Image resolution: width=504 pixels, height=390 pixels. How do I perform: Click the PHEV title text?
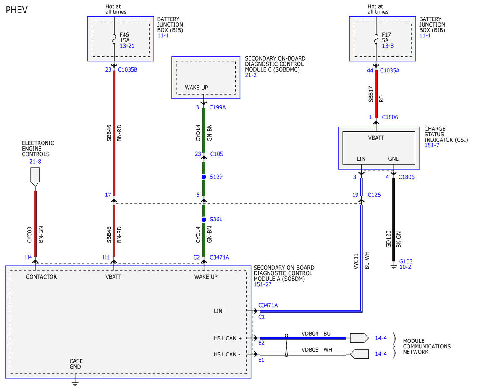tap(16, 10)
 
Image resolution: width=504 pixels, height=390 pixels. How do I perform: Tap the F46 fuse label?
tap(124, 34)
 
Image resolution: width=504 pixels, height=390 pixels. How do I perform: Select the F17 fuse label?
tap(386, 34)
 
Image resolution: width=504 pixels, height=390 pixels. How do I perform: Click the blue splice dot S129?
tap(204, 177)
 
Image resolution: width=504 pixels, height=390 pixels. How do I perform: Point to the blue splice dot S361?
tap(204, 220)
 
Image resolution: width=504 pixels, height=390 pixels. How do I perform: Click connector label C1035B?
tap(128, 69)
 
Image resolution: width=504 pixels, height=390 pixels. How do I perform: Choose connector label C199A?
tap(217, 107)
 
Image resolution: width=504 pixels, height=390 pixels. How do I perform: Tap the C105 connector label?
tap(217, 154)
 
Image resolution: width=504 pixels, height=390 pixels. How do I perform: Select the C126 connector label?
tap(374, 195)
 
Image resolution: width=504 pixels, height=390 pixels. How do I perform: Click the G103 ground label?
tap(406, 261)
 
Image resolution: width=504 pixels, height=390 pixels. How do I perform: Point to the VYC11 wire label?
tap(356, 261)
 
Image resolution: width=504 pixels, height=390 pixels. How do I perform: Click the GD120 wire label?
tap(388, 239)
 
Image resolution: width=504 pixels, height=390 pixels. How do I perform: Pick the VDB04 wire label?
tap(310, 334)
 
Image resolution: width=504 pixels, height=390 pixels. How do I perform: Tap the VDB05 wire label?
tap(310, 350)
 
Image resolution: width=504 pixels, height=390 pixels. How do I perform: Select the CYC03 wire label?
tap(29, 235)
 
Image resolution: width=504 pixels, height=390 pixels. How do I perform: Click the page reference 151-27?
tap(262, 284)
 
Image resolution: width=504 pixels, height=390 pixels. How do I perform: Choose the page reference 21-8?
tap(35, 162)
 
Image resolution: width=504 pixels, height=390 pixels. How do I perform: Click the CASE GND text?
tap(76, 364)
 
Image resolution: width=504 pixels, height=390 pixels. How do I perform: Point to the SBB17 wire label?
tap(370, 94)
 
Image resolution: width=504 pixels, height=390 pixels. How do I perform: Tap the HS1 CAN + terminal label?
tap(228, 338)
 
